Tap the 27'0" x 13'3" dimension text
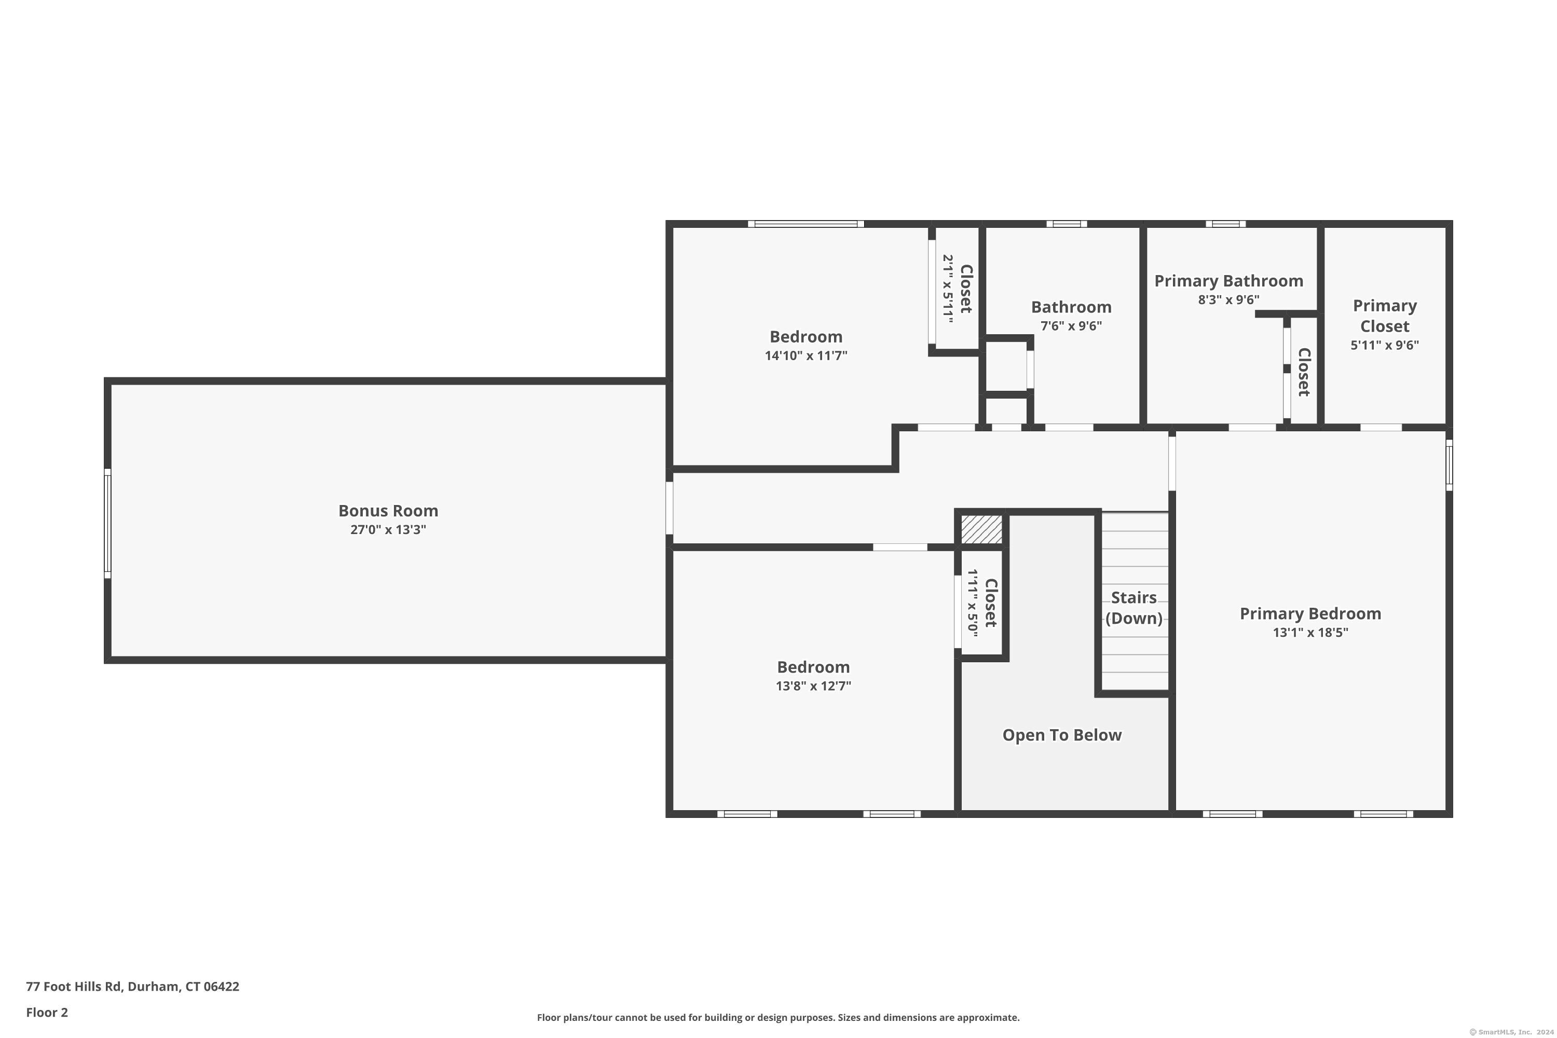388,529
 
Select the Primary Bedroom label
1310,613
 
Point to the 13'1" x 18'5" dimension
1310,632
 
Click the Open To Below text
1062,735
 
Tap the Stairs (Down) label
1134,608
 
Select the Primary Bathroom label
1228,281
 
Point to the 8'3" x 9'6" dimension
1228,300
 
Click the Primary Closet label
1385,316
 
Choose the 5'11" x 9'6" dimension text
1385,345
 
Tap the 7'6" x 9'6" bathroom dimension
1071,326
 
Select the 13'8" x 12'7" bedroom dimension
814,686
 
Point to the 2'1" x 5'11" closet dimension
948,289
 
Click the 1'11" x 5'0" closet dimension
973,603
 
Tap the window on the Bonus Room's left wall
107,523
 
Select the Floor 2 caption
47,1012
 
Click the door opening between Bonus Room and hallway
670,508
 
